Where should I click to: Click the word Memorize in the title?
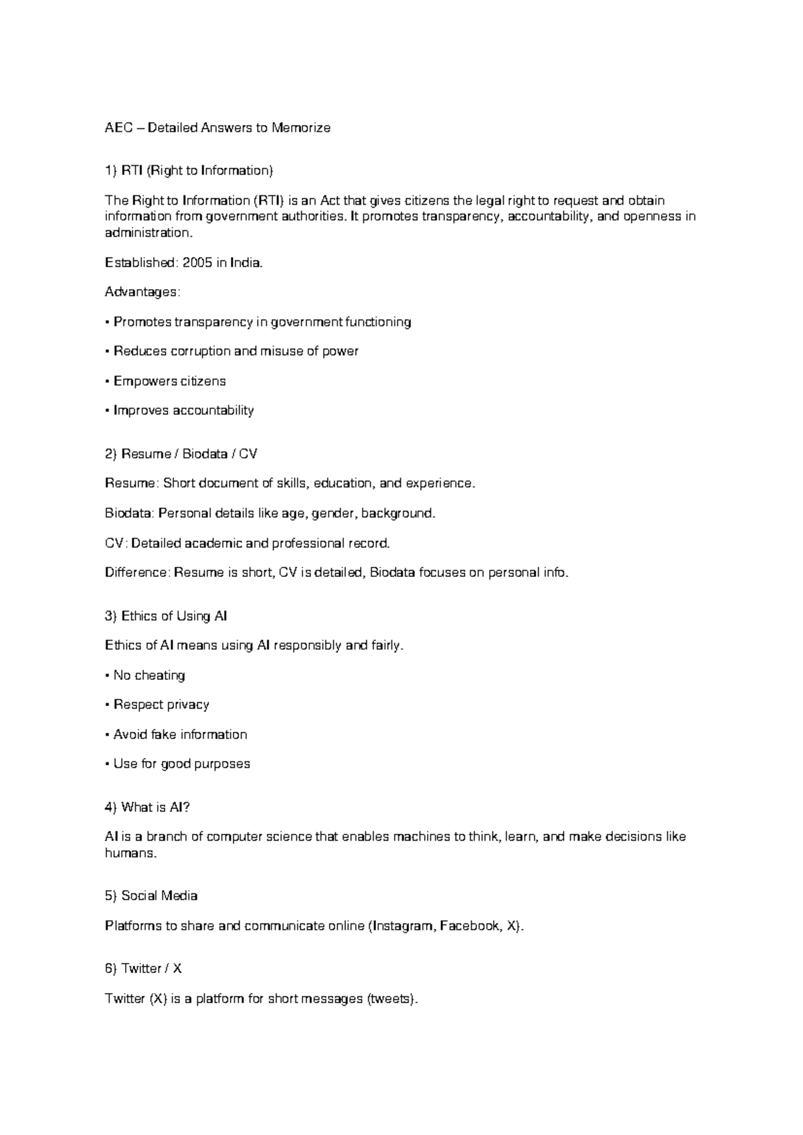point(300,128)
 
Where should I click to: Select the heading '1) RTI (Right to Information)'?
point(189,171)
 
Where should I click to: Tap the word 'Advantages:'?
point(143,292)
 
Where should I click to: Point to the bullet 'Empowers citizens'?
point(169,381)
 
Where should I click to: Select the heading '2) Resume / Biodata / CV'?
point(181,454)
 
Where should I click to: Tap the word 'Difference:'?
point(138,573)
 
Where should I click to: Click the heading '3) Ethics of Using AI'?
point(167,616)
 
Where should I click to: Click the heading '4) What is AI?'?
point(148,808)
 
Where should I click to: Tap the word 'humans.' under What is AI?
point(130,853)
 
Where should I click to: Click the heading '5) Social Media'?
point(151,896)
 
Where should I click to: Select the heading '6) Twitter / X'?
point(144,969)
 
